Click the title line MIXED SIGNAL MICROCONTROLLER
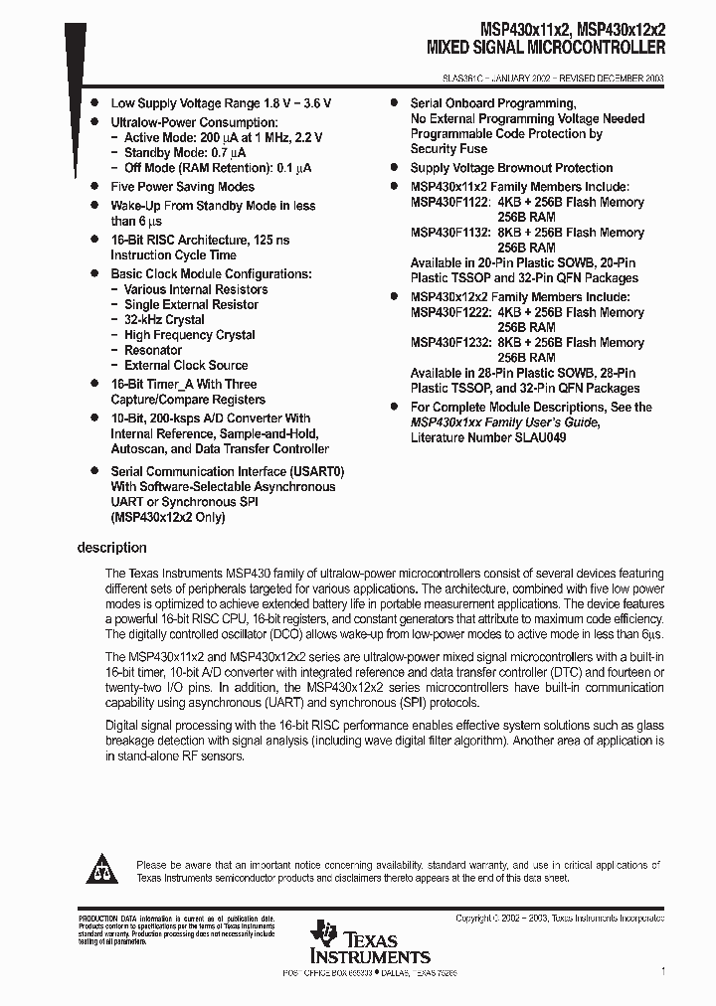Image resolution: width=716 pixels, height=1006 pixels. (546, 47)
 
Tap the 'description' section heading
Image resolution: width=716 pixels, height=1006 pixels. (111, 548)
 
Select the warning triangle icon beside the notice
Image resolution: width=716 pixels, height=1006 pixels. (100, 872)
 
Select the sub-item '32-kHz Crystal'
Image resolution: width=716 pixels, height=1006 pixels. (164, 320)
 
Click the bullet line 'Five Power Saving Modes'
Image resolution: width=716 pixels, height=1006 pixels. (182, 187)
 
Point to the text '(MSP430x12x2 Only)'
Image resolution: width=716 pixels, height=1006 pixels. (167, 517)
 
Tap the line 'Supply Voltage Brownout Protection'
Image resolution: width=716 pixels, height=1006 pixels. (511, 168)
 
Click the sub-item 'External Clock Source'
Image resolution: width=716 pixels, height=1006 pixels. (186, 365)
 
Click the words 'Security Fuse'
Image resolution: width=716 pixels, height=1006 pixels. (448, 148)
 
